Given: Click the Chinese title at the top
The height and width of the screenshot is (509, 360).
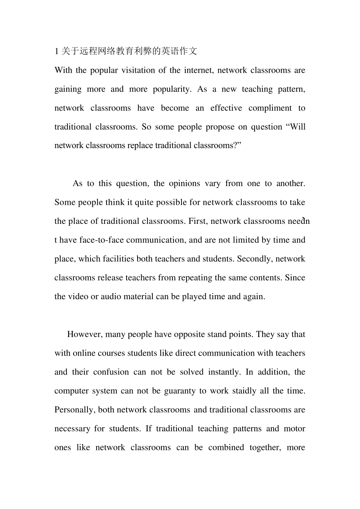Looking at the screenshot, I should pos(126,51).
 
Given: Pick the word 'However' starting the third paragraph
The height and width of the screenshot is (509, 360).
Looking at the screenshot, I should pos(84,334).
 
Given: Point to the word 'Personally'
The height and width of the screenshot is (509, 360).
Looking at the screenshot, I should pos(75,410).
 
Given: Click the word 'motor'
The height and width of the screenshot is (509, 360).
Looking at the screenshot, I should pos(294,429).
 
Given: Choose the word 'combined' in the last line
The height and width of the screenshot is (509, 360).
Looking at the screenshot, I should pos(226,448).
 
